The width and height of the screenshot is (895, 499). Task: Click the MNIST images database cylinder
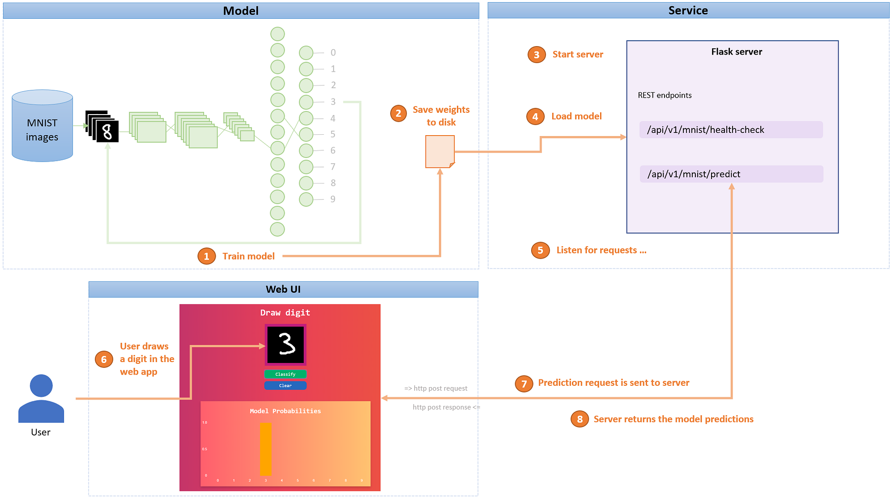[42, 127]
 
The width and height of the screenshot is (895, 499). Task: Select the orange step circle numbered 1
[206, 256]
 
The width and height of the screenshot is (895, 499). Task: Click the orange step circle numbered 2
[398, 113]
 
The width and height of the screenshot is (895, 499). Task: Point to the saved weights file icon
[439, 152]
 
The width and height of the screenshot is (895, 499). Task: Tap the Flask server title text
[736, 52]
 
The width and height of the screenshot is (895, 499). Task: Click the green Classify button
[285, 374]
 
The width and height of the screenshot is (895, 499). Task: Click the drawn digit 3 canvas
[286, 344]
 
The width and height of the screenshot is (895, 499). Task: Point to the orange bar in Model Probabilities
[266, 449]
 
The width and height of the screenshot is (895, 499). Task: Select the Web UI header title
[283, 290]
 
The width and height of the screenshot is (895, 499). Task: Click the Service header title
[688, 11]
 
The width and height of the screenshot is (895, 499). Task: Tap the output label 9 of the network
[332, 199]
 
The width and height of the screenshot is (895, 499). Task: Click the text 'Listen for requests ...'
[601, 250]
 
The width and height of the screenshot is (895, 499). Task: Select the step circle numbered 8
[580, 419]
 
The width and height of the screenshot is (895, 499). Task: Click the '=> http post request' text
[436, 388]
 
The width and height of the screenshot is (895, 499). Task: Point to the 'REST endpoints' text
[665, 95]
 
